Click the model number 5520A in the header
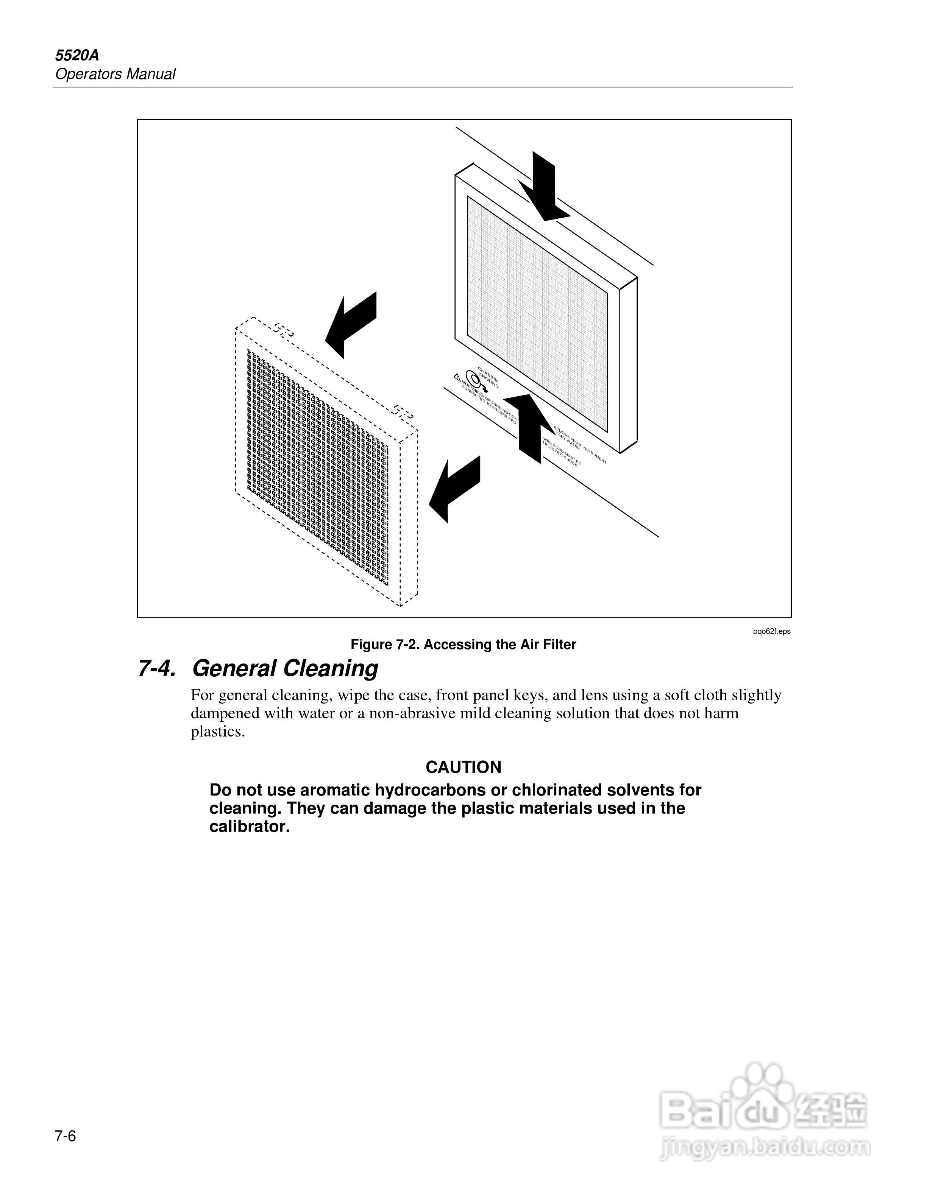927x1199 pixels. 77,56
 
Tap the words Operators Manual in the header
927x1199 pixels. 115,74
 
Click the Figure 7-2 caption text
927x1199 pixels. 463,645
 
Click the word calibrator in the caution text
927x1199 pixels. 249,827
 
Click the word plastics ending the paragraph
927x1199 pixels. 217,732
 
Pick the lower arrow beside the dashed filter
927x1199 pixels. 454,488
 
